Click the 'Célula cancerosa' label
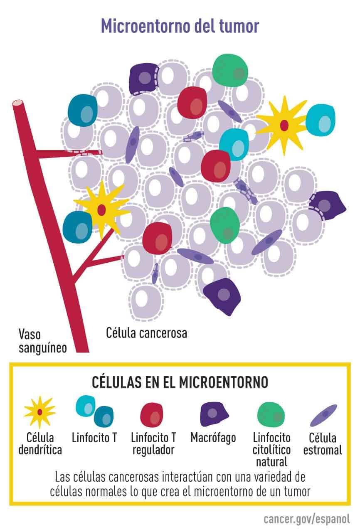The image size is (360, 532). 146,333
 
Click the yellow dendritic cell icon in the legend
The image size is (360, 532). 40,412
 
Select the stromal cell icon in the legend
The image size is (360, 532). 323,415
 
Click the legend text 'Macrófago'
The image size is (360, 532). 213,437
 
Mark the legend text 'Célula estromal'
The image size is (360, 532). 323,443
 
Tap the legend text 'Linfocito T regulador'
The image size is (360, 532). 153,443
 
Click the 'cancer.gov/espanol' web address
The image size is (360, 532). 307,519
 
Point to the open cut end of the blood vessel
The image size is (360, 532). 18,103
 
